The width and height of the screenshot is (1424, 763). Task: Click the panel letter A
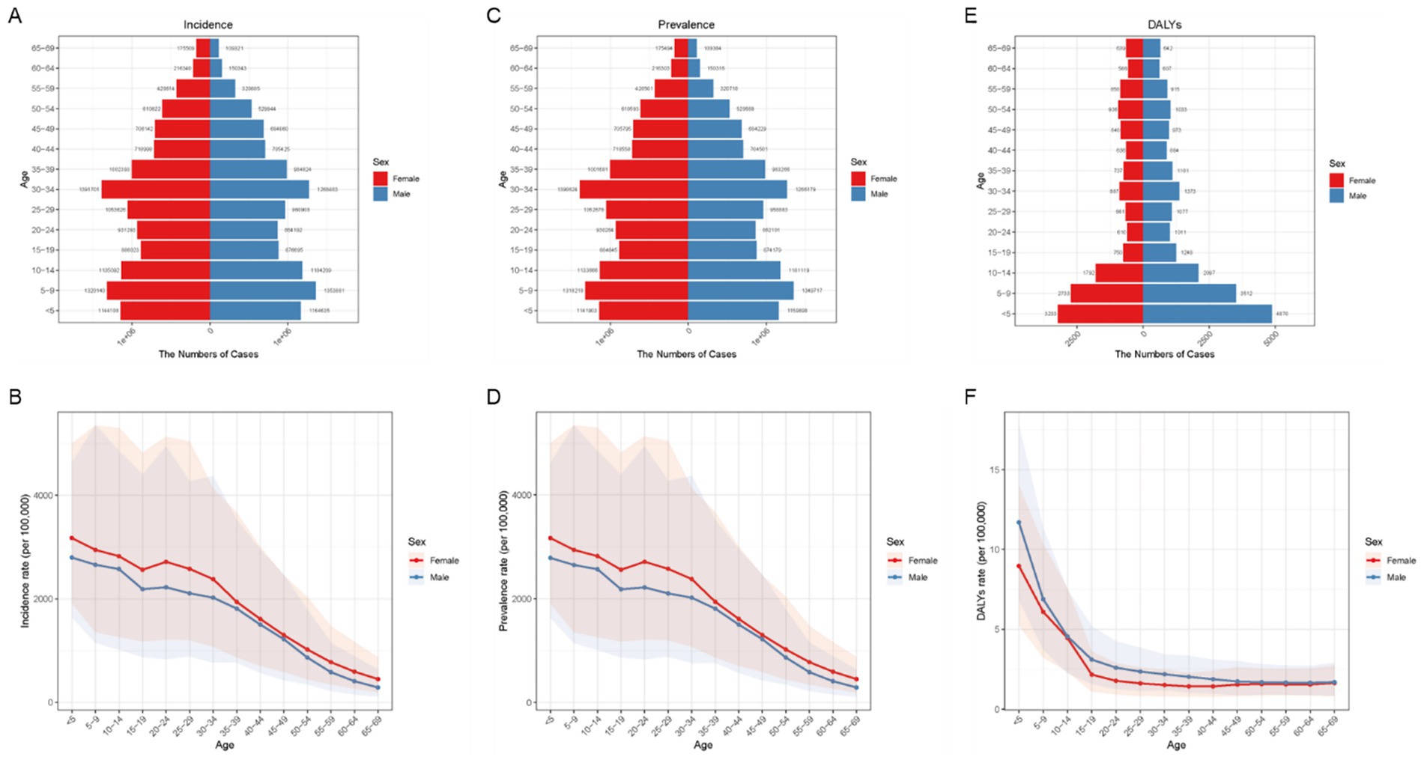pos(14,16)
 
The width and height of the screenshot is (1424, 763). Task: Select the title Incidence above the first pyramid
pos(208,25)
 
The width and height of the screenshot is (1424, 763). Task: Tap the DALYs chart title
pos(1164,25)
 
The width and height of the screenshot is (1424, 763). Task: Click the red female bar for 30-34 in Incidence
pos(156,189)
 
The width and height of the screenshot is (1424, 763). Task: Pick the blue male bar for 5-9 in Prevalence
pos(740,291)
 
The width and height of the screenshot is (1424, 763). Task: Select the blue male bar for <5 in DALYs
pos(1207,314)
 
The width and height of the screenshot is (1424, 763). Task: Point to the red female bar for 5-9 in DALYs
pos(1106,294)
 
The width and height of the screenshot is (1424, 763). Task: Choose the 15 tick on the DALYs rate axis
pos(996,470)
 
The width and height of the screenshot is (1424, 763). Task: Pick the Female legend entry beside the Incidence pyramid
pos(405,179)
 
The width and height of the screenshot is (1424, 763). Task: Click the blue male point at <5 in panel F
pos(1018,523)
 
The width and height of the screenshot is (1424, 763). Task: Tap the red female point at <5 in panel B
pos(72,538)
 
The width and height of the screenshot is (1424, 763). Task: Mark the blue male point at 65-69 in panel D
pos(855,687)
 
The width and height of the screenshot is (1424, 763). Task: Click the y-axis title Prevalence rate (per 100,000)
pos(503,561)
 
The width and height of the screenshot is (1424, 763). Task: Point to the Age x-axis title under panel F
pos(1175,745)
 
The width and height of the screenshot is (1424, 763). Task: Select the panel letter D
pos(493,397)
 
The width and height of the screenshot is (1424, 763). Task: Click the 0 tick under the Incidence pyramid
pos(210,330)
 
